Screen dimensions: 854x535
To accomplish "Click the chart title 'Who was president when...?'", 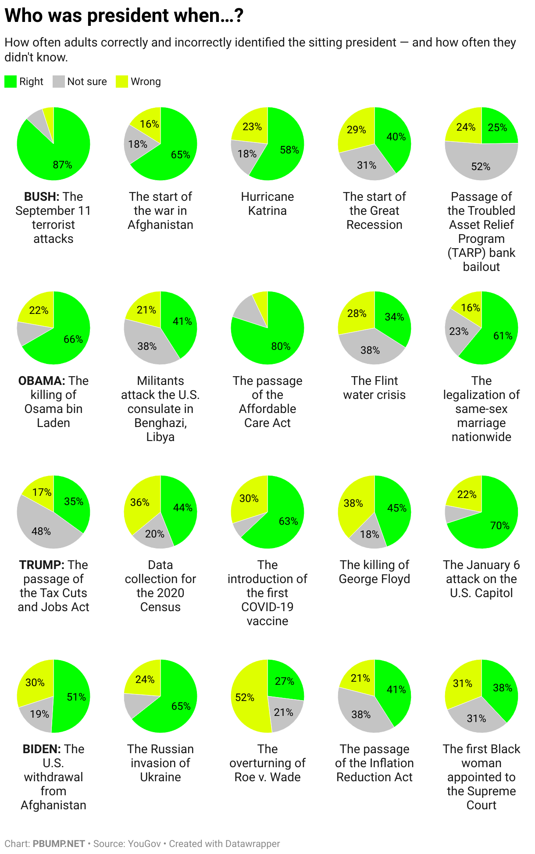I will (124, 16).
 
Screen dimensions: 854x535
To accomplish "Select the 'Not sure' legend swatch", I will (59, 82).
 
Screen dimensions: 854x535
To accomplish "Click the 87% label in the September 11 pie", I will (62, 165).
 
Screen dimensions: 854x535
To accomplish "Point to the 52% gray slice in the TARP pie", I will (481, 164).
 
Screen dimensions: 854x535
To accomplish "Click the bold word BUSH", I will (42, 196).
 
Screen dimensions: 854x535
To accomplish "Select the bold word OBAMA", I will (42, 381).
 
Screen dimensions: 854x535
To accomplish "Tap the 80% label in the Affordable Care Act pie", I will (281, 346).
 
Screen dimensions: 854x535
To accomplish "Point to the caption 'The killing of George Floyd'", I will (374, 572).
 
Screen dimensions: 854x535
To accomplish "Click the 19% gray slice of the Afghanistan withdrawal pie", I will (39, 715).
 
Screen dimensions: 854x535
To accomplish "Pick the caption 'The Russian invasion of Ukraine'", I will (160, 763).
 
